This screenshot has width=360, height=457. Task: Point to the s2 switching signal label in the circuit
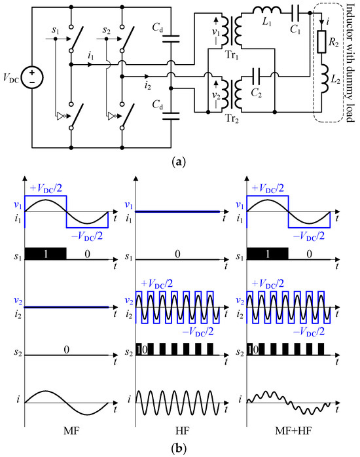pos(109,30)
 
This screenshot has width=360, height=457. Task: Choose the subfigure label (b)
pos(179,448)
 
